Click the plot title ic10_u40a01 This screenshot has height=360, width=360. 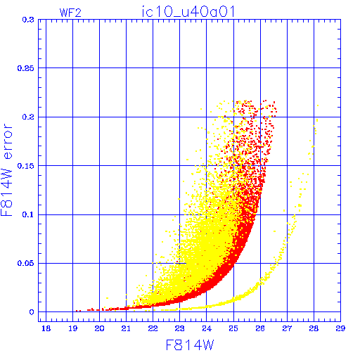pyautogui.click(x=188, y=12)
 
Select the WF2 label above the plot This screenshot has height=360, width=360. pyautogui.click(x=70, y=13)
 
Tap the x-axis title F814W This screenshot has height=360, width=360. pyautogui.click(x=190, y=345)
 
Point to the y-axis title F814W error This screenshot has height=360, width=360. pyautogui.click(x=6, y=170)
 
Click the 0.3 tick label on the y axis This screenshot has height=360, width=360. pyautogui.click(x=28, y=20)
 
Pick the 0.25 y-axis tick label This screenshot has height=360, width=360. pyautogui.click(x=25, y=68)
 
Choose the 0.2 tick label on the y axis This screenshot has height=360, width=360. pyautogui.click(x=28, y=117)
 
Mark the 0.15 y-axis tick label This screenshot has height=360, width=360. pyautogui.click(x=25, y=166)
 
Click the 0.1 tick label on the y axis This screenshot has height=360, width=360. pyautogui.click(x=28, y=214)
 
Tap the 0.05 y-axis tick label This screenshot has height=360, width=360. pyautogui.click(x=25, y=263)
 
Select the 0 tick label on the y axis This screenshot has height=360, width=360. pyautogui.click(x=32, y=312)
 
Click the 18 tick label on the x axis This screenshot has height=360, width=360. pyautogui.click(x=46, y=328)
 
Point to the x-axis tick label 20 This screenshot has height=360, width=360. pyautogui.click(x=100, y=328)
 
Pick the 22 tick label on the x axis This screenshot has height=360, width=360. pyautogui.click(x=153, y=328)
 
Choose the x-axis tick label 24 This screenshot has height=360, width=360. pyautogui.click(x=207, y=328)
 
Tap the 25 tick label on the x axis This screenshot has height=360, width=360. pyautogui.click(x=233, y=328)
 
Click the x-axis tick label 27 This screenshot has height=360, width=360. pyautogui.click(x=287, y=328)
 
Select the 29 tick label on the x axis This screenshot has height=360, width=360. pyautogui.click(x=340, y=328)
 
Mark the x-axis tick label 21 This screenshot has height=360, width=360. pyautogui.click(x=127, y=328)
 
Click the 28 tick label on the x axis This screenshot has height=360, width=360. pyautogui.click(x=314, y=328)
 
